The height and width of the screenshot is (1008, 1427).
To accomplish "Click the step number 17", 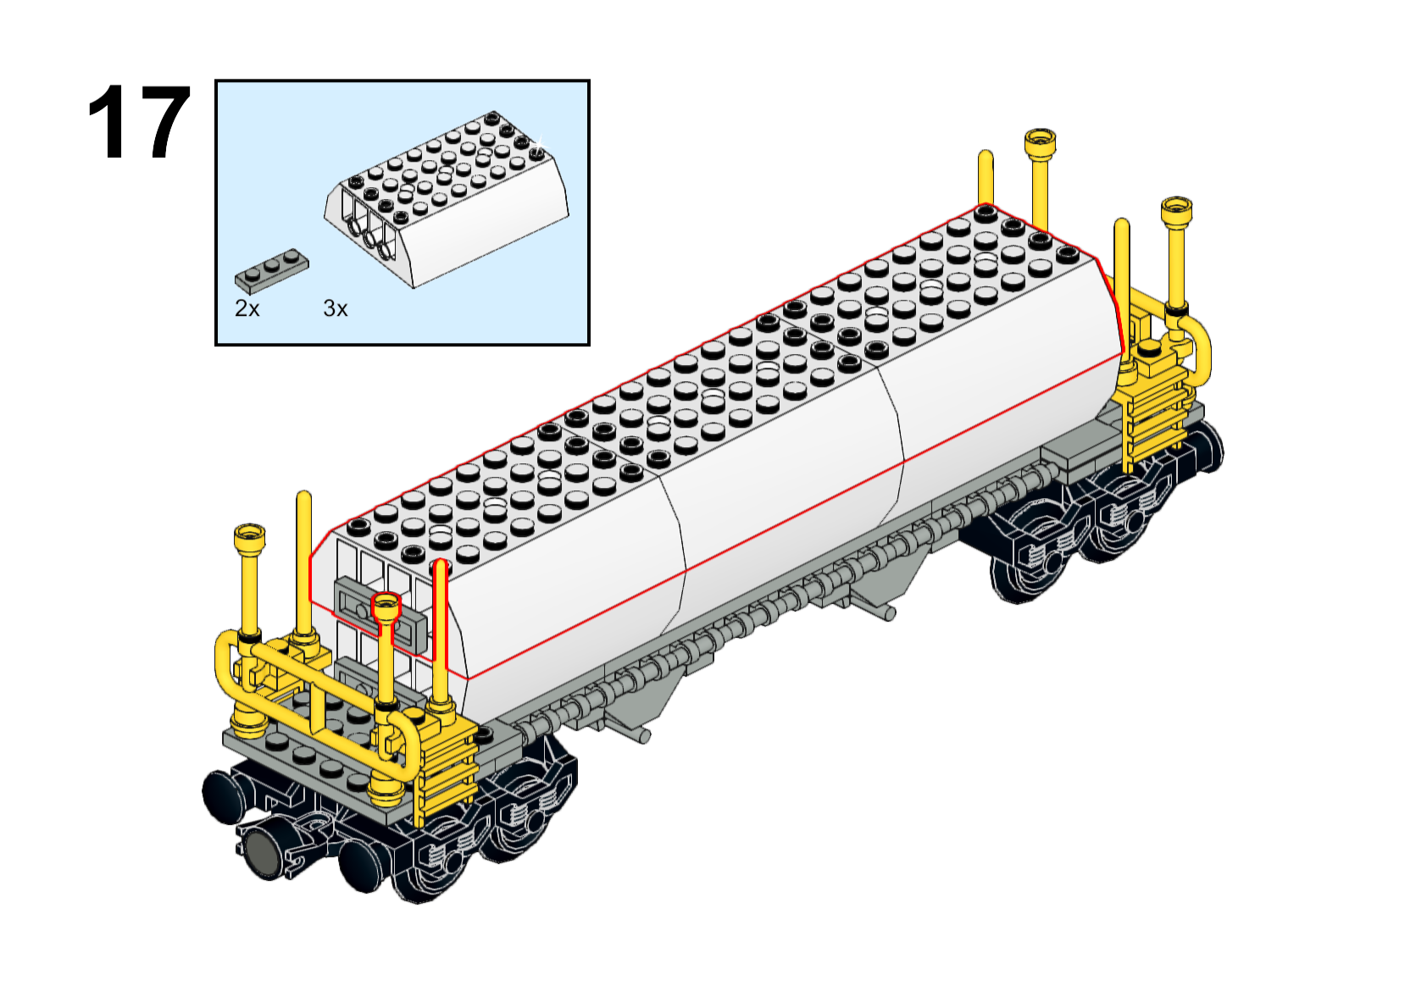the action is tap(138, 122).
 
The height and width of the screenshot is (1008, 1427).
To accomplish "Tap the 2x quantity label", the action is tap(247, 309).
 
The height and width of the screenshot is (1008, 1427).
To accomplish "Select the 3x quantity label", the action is tap(335, 309).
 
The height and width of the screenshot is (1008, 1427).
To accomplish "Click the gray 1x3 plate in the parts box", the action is tap(271, 270).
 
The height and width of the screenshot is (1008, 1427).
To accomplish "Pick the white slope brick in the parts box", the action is tap(446, 201).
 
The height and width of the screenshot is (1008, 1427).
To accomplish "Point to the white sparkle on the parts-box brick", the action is tap(541, 141).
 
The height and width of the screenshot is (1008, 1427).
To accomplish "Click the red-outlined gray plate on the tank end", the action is tap(379, 614).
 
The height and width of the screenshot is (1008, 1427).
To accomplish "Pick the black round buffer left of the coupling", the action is tap(223, 796).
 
